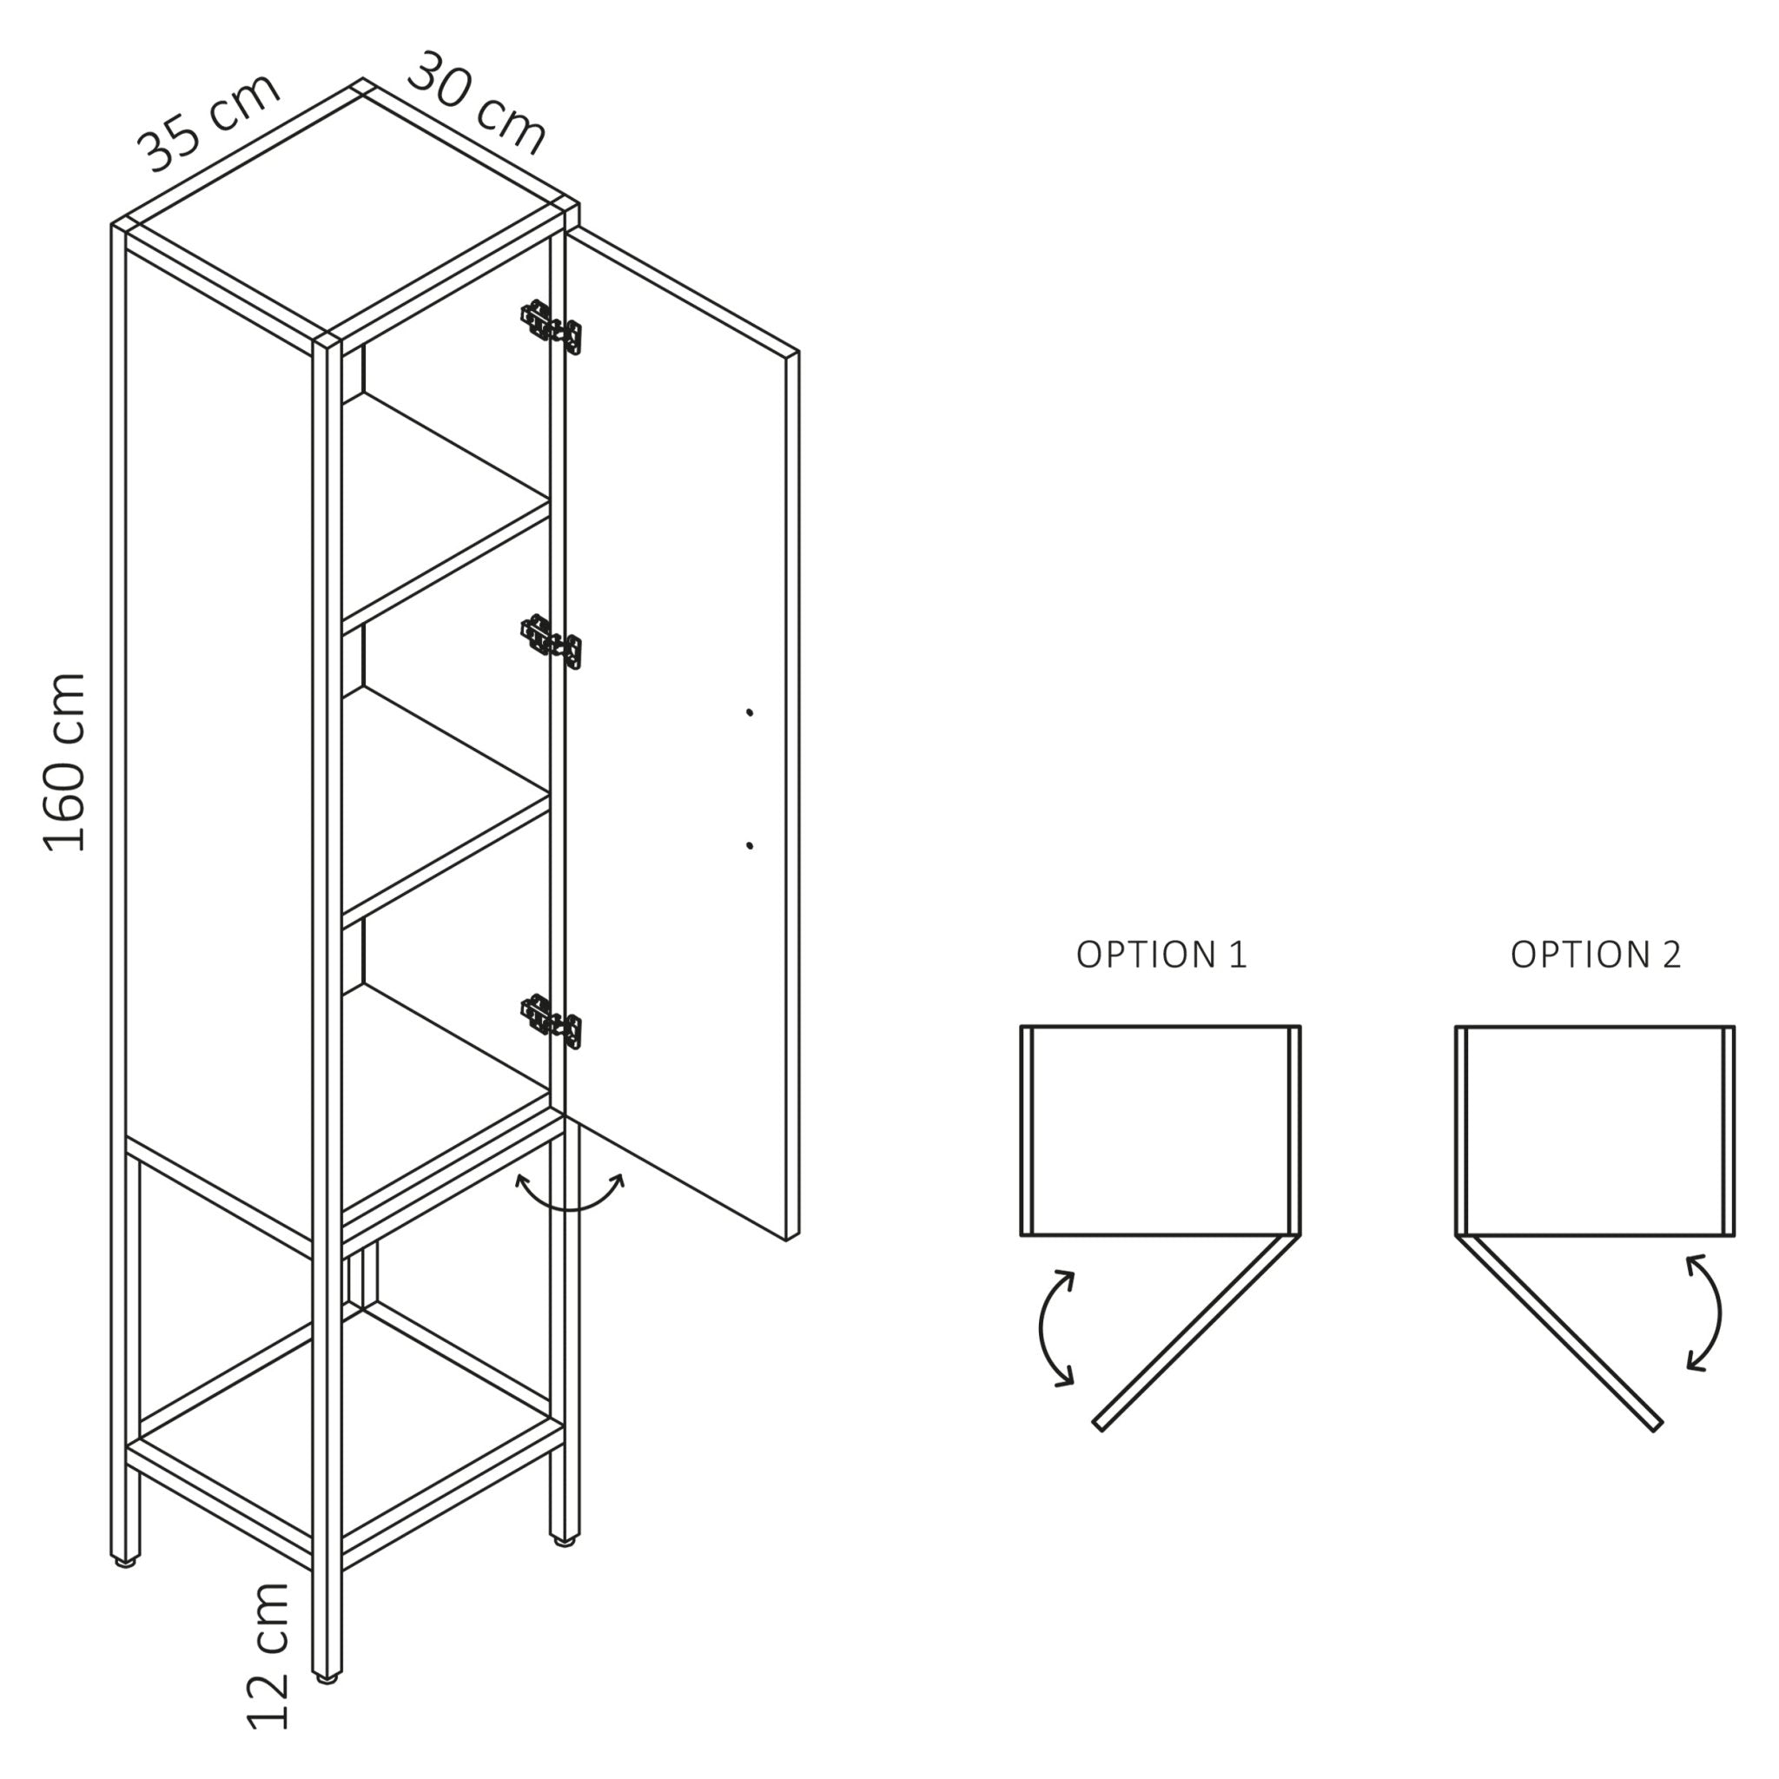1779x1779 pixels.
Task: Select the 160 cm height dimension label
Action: click(66, 763)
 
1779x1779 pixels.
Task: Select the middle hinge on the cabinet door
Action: click(552, 642)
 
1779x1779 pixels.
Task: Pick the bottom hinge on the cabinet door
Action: click(552, 1022)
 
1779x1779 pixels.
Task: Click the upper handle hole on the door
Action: click(750, 711)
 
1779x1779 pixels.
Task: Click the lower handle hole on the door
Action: click(750, 845)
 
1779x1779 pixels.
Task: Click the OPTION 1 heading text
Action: click(1161, 955)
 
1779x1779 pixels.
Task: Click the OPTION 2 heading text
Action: click(1596, 955)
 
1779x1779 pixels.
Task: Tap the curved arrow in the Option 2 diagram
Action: click(1705, 1313)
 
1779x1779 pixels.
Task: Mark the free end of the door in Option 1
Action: click(1099, 1425)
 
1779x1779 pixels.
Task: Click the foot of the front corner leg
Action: click(327, 1678)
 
